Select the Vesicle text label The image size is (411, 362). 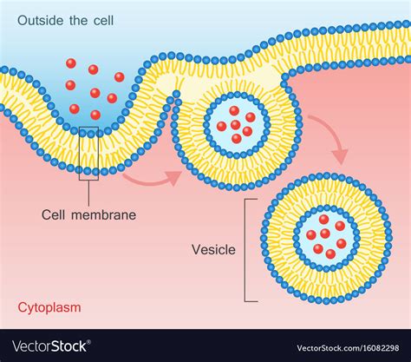[213, 249]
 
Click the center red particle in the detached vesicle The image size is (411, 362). [325, 233]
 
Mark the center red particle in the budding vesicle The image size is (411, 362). [235, 125]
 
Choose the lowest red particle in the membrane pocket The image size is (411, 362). [95, 115]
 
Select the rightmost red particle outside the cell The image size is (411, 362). [119, 77]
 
